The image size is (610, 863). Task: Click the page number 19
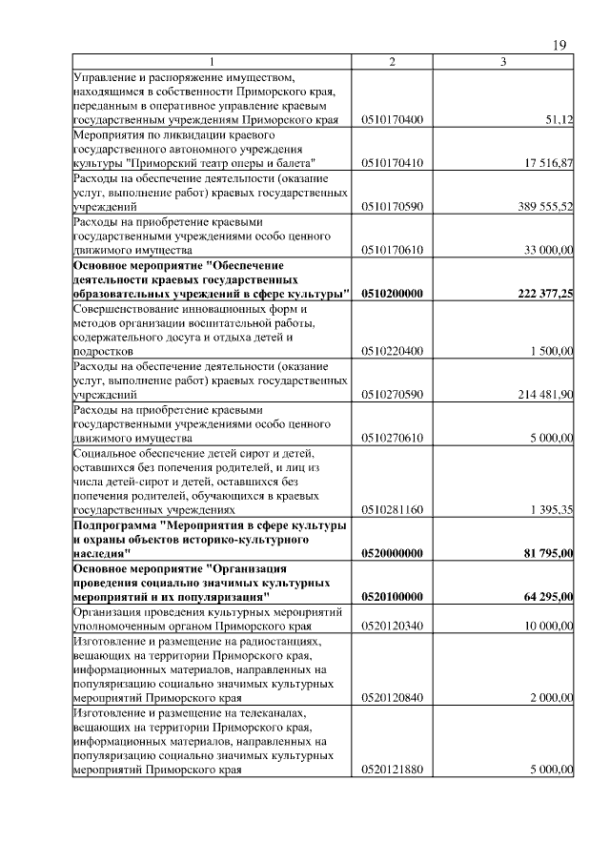tap(559, 45)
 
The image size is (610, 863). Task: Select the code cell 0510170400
tap(393, 120)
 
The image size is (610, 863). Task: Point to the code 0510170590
tap(393, 206)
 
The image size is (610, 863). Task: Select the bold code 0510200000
tap(393, 294)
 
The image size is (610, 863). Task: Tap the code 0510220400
tap(393, 351)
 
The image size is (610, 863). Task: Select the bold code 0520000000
tap(393, 553)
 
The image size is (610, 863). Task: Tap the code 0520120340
tap(393, 625)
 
